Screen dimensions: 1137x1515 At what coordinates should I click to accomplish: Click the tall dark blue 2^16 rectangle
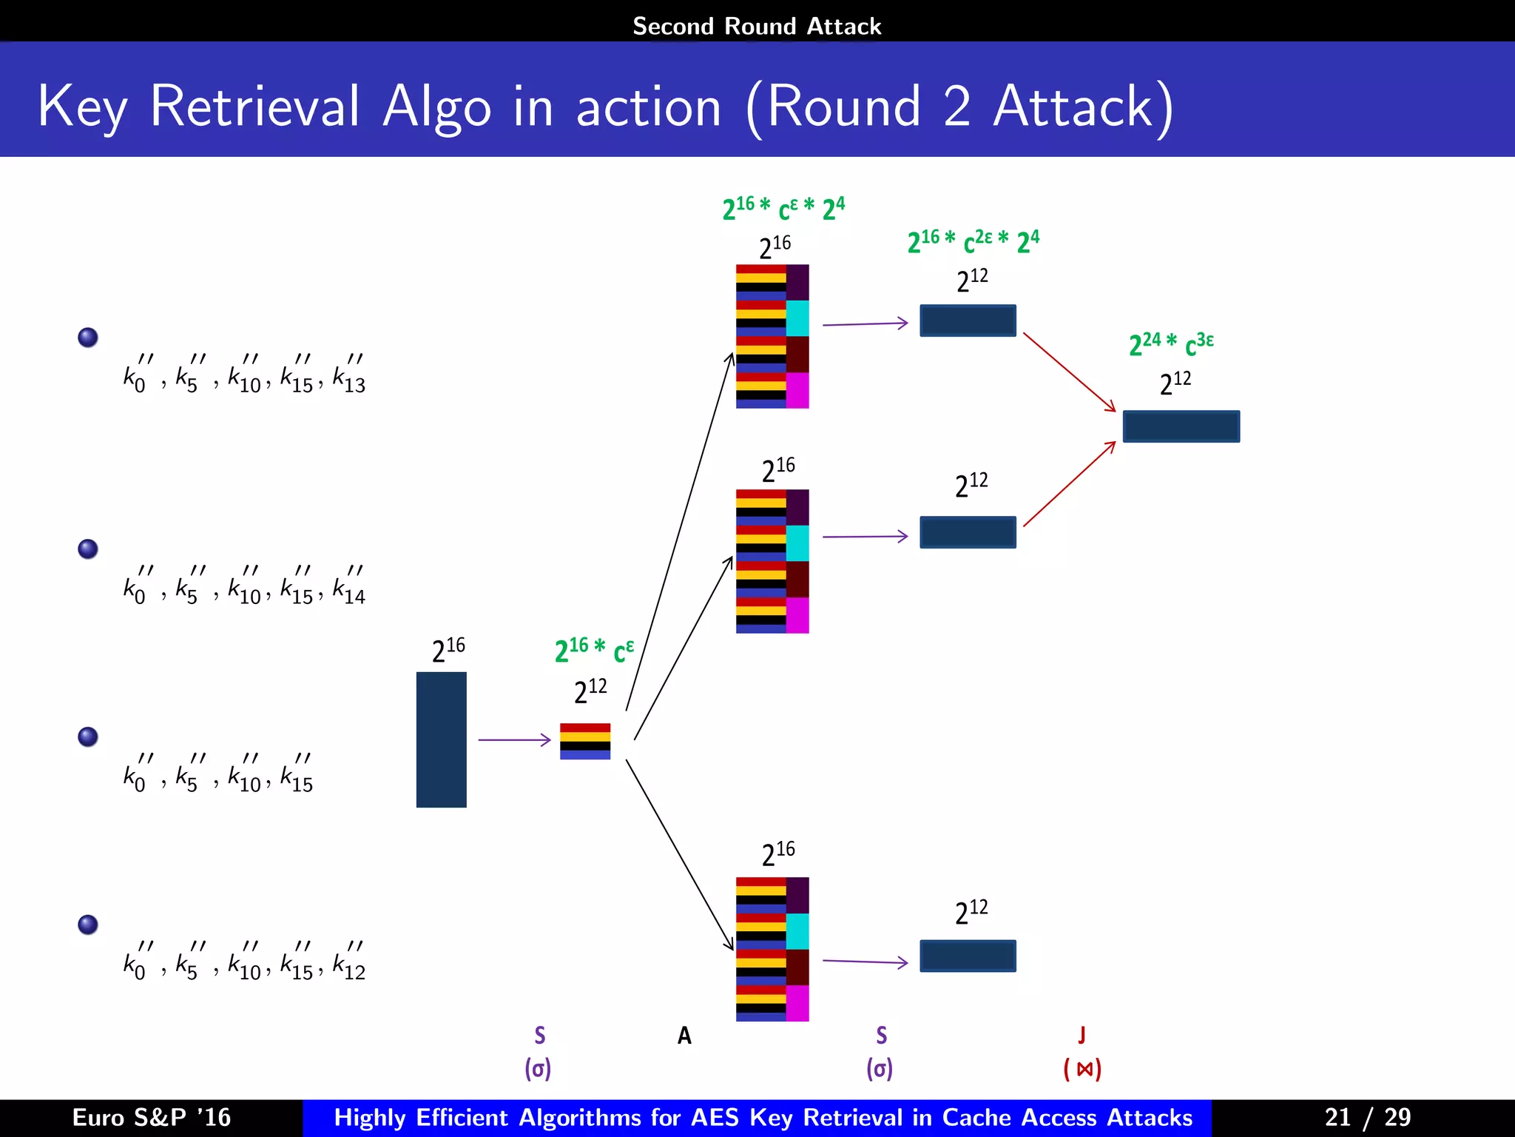(x=441, y=739)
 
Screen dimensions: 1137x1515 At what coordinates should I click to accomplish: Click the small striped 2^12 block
(x=584, y=741)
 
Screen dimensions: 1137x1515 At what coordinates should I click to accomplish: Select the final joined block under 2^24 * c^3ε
(x=1181, y=426)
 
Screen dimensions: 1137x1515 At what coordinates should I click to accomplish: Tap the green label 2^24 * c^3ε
(x=1170, y=343)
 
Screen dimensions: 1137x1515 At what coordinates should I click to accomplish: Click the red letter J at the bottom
(x=1082, y=1035)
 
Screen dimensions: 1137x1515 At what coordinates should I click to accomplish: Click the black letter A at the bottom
(x=684, y=1035)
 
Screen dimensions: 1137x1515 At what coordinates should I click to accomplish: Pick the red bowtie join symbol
(x=1084, y=1069)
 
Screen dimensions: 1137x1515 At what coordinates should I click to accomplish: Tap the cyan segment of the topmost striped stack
(x=797, y=318)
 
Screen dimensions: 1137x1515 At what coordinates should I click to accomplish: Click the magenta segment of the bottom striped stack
(x=797, y=1003)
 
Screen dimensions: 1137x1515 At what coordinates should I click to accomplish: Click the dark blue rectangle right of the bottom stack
(x=968, y=956)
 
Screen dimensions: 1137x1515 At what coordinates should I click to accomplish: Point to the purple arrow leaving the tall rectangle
(x=514, y=739)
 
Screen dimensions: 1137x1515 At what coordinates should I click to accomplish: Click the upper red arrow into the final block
(x=1068, y=372)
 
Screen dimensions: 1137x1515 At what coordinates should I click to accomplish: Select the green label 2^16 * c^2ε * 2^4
(x=973, y=241)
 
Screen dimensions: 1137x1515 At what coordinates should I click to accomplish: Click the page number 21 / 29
(x=1367, y=1117)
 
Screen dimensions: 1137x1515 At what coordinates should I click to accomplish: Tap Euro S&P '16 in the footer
(x=152, y=1117)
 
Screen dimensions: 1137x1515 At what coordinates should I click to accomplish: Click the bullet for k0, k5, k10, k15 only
(x=88, y=737)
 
